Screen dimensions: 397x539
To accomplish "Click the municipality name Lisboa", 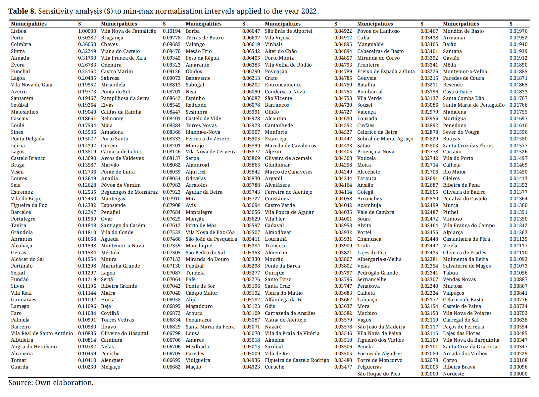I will click(19, 31).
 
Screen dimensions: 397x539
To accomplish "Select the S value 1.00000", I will click(87, 31).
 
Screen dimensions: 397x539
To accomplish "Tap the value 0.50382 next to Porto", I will click(87, 38).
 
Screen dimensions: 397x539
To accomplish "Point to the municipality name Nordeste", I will click(453, 374).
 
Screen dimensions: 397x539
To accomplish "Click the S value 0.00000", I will click(518, 374).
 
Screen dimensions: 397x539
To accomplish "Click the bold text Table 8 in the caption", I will click(22, 11).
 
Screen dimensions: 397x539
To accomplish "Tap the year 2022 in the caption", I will click(309, 11).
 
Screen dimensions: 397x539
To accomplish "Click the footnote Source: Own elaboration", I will click(51, 383).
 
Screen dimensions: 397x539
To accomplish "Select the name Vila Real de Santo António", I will click(42, 333).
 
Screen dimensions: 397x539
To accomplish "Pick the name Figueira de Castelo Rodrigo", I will click(297, 360).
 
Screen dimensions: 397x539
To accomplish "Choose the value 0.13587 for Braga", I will click(87, 165).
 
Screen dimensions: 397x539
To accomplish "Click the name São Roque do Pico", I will click(378, 374).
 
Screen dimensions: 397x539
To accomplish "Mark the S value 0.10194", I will click(171, 31).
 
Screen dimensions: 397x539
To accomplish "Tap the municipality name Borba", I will click(193, 31).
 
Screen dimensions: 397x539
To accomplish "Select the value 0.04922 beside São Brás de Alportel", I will click(343, 31).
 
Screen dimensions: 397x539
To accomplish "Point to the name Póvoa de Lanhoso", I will click(378, 31).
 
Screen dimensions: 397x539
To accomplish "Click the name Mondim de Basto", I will click(463, 31).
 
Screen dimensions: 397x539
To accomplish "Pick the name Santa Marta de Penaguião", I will click(474, 105).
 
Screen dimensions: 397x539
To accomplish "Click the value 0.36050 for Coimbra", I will click(87, 44).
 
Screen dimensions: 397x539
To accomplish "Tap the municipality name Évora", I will click(18, 65).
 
